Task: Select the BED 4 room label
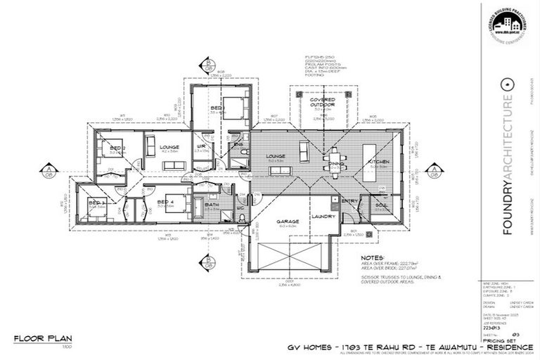[166, 202]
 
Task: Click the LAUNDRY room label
[323, 217]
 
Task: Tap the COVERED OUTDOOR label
[323, 103]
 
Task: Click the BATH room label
[212, 205]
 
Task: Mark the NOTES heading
[373, 258]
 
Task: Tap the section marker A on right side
[437, 169]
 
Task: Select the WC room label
[240, 208]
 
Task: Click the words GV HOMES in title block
[309, 347]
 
